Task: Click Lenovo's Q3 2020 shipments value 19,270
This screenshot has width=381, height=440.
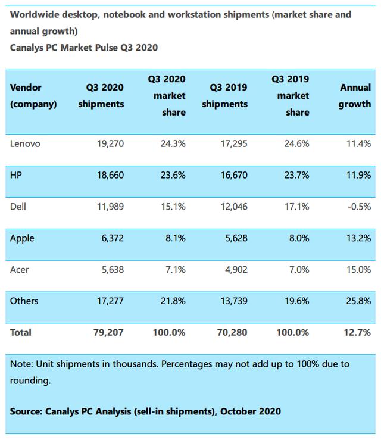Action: pos(110,143)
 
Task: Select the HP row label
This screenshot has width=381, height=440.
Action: pos(16,175)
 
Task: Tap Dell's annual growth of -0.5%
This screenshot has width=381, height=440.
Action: pos(358,207)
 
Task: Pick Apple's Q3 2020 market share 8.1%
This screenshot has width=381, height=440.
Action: pos(174,238)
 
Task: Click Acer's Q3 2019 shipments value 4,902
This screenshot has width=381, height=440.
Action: pos(234,270)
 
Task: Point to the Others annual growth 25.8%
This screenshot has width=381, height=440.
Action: pos(358,301)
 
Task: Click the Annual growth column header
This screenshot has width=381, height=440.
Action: pos(355,95)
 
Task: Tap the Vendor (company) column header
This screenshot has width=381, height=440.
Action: pos(33,95)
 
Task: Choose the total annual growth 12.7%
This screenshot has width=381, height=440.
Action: pos(358,332)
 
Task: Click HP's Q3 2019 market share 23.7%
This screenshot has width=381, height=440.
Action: pos(296,175)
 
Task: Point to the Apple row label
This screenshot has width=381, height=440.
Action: pos(22,238)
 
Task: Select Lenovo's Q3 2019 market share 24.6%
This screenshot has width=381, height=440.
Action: pos(296,143)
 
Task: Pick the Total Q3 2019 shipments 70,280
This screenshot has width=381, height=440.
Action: pos(232,332)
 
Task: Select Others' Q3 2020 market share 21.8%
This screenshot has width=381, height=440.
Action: pos(172,301)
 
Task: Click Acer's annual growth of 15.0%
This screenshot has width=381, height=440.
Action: pos(358,270)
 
